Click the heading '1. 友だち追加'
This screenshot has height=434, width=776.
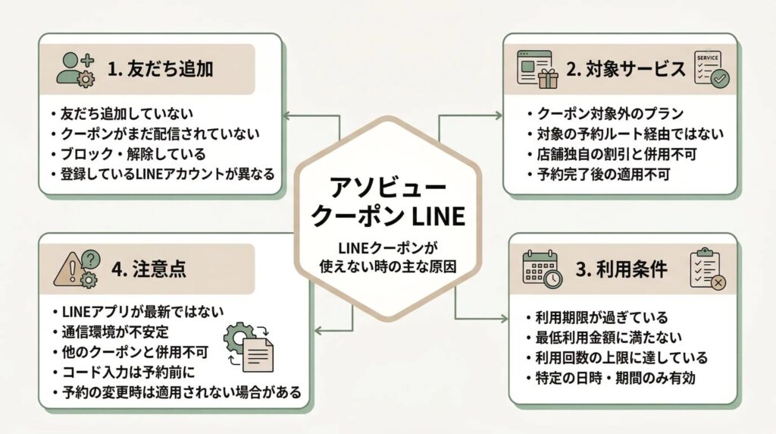(160, 69)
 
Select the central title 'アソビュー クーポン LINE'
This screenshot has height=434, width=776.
(388, 200)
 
